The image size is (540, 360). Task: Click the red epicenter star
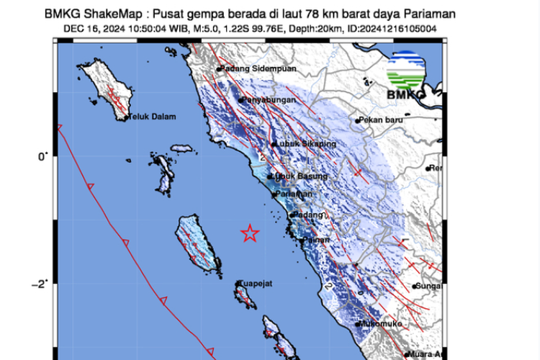250,233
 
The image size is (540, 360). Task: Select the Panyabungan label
270,99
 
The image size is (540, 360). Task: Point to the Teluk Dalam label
153,118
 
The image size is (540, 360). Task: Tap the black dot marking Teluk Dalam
125,118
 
